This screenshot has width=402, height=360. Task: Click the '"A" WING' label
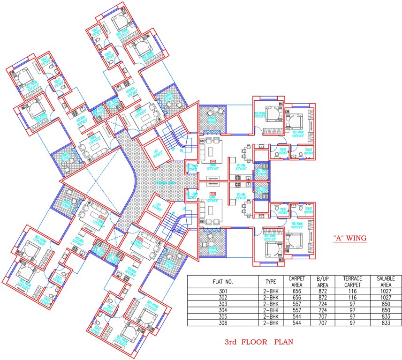(x=349, y=238)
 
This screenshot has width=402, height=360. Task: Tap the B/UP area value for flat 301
(x=323, y=291)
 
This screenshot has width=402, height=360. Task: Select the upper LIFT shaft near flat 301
(x=152, y=152)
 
